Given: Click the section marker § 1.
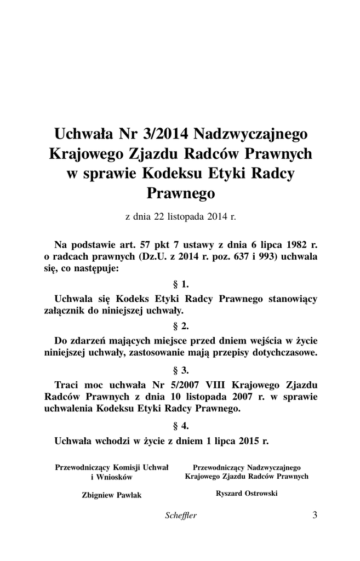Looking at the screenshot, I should pos(180,284).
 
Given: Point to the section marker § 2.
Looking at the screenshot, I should pos(180,326).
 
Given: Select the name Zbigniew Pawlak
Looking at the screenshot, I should pos(111,495).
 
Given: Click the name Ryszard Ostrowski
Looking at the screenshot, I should pos(247,493).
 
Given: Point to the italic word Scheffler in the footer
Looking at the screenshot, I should pos(180,515).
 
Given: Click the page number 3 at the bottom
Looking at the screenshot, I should pos(315,514).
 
